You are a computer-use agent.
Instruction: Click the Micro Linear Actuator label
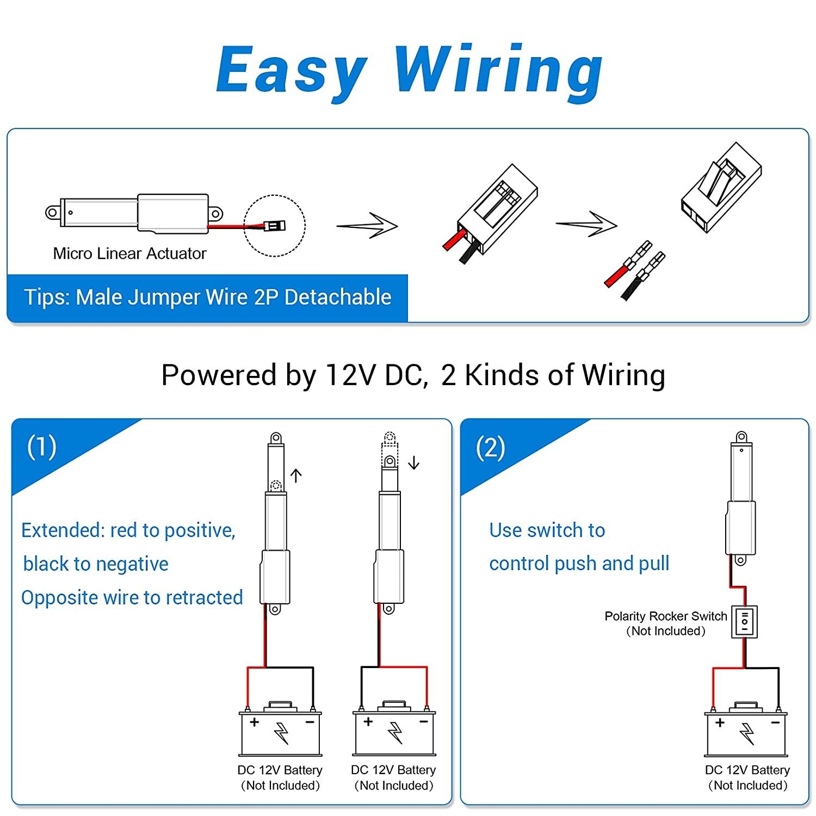(x=129, y=254)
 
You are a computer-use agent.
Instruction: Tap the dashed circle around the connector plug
(x=275, y=225)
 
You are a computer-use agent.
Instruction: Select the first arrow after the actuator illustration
(x=368, y=225)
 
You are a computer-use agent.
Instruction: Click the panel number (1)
(x=42, y=447)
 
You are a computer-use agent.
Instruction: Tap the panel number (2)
(x=490, y=448)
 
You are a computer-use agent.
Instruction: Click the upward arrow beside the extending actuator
(x=296, y=475)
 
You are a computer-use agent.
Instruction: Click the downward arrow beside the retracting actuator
(x=414, y=463)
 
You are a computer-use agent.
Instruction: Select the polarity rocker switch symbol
(x=744, y=621)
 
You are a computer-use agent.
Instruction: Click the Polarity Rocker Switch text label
(x=665, y=616)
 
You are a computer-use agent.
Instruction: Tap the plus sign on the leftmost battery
(x=254, y=722)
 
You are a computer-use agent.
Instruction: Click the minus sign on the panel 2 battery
(x=775, y=722)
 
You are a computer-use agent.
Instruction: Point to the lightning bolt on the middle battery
(x=395, y=733)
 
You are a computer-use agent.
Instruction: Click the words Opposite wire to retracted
(x=132, y=598)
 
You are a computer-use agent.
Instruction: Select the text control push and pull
(x=579, y=564)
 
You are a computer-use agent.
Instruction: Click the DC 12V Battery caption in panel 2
(x=747, y=770)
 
